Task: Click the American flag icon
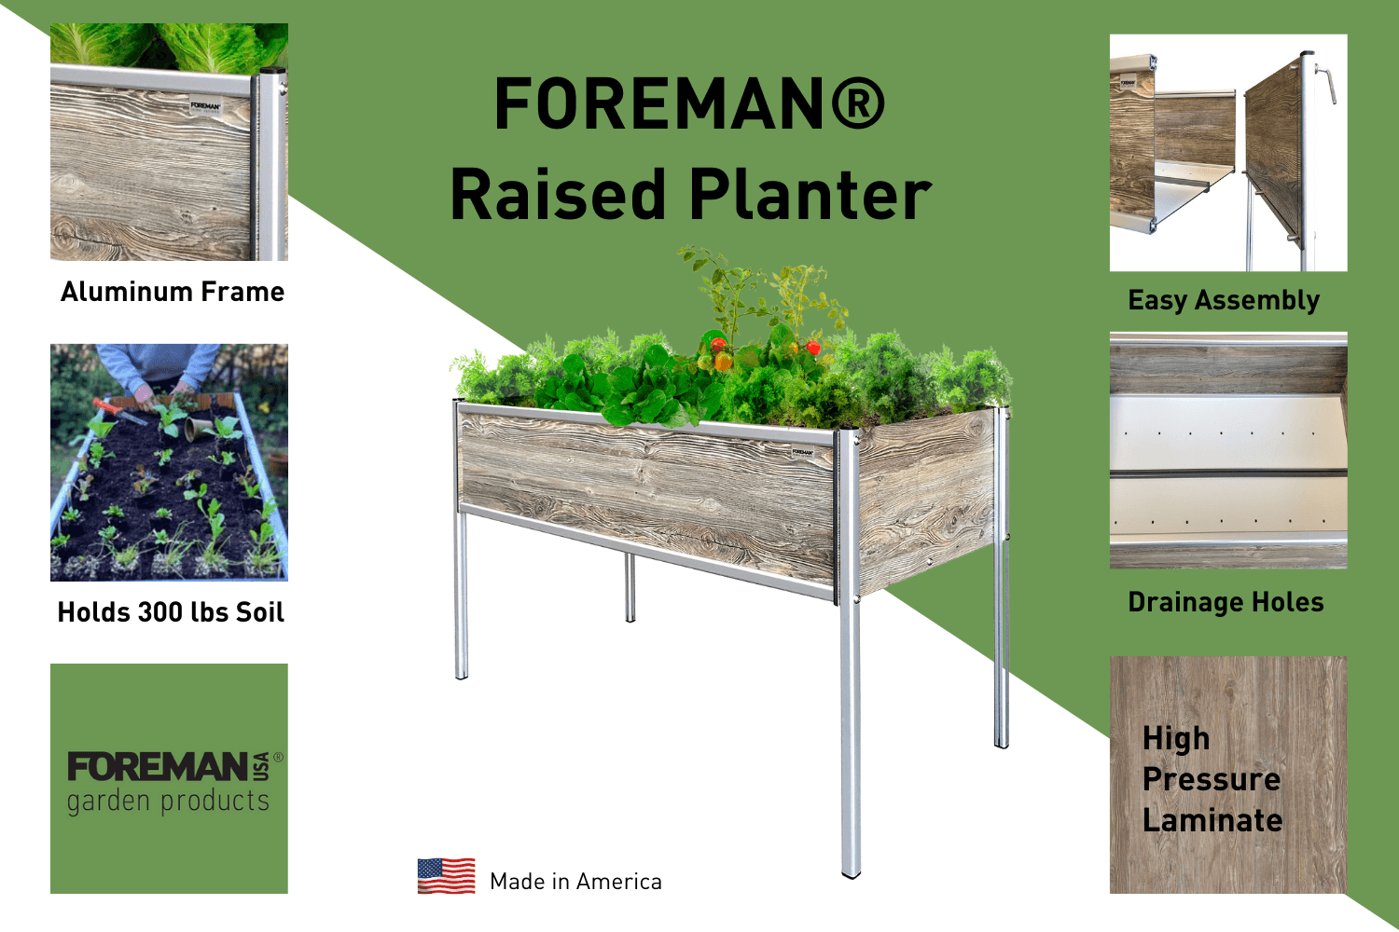[x=446, y=876]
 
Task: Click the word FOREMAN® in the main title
[x=689, y=103]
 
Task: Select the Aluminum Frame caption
[x=173, y=292]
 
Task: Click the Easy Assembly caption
[x=1224, y=300]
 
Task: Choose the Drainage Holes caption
[x=1226, y=602]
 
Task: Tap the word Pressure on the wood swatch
[x=1211, y=779]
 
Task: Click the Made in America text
[x=575, y=882]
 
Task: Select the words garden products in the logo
[x=168, y=802]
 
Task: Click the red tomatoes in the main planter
[x=720, y=354]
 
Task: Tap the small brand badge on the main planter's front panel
[x=802, y=453]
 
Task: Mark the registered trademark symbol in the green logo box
[x=278, y=758]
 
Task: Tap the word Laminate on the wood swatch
[x=1212, y=820]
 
